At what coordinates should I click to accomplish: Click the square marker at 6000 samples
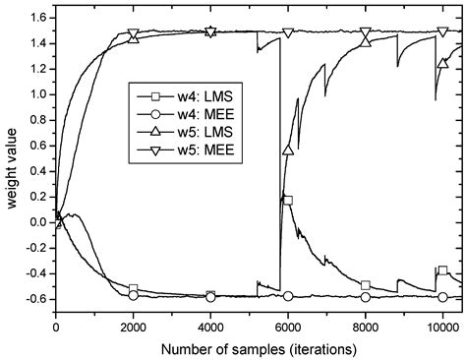288,200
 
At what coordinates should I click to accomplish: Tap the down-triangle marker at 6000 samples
288,32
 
